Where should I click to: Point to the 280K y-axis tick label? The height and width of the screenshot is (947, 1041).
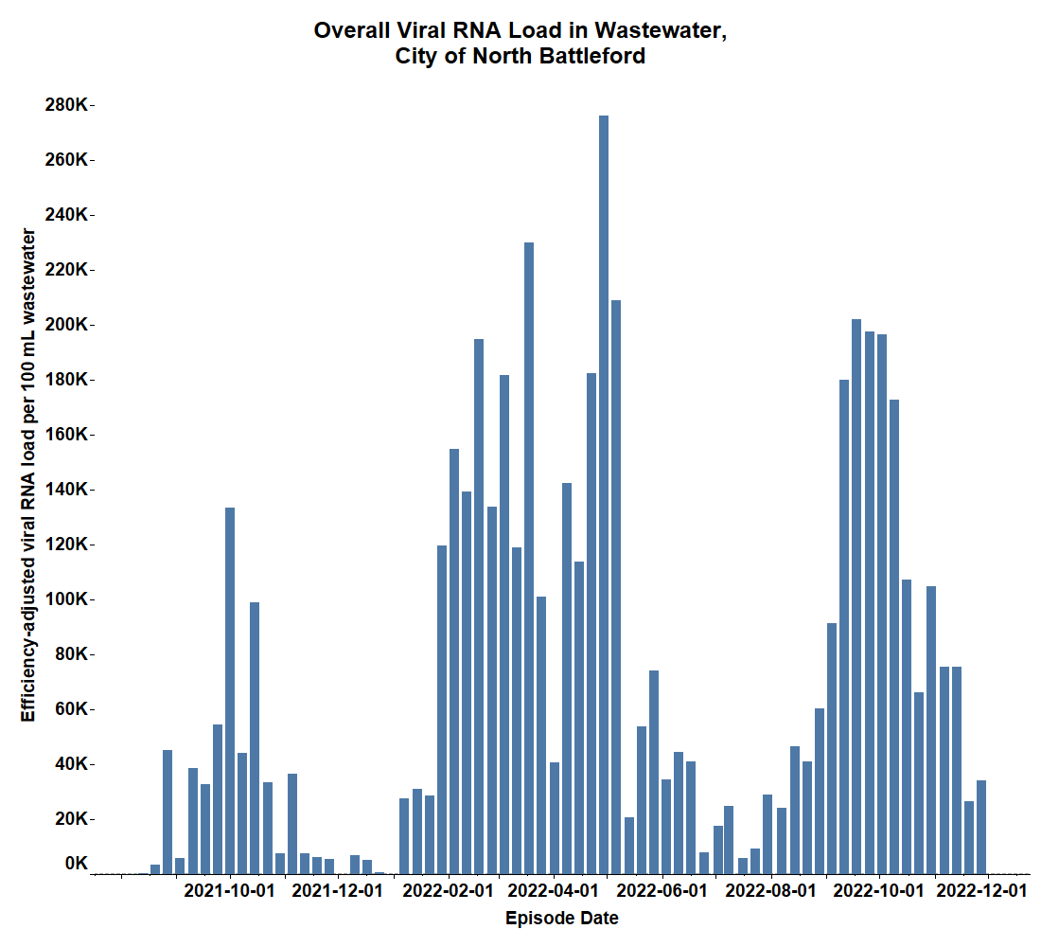pos(65,105)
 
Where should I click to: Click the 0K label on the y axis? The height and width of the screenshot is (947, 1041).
pos(76,864)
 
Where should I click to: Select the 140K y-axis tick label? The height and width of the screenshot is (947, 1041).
pos(65,490)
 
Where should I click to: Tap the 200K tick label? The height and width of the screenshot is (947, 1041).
pos(65,325)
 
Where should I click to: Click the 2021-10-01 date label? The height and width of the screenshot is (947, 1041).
pos(228,891)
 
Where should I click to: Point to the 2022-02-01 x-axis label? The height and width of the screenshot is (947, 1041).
pos(448,891)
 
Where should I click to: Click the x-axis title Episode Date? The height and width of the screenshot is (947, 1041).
pos(562,919)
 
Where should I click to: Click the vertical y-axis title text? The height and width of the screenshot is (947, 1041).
pos(29,473)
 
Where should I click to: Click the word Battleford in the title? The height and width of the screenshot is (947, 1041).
pos(591,56)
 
